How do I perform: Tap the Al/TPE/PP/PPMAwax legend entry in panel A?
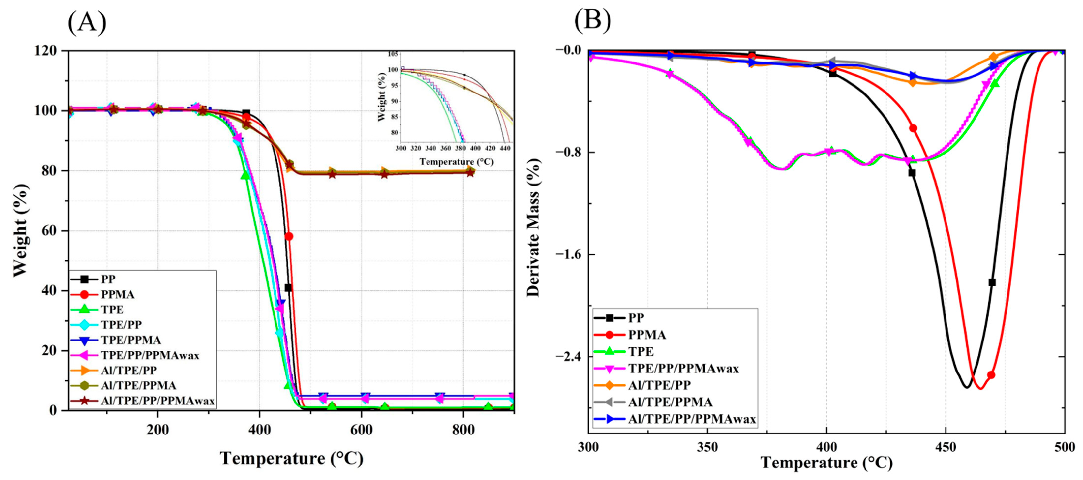coord(158,401)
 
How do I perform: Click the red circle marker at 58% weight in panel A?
coord(289,236)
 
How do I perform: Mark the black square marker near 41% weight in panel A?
coord(288,288)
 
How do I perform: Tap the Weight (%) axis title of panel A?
coord(20,231)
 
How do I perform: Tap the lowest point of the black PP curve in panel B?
coord(967,387)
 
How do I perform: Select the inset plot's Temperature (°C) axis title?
coord(456,162)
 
